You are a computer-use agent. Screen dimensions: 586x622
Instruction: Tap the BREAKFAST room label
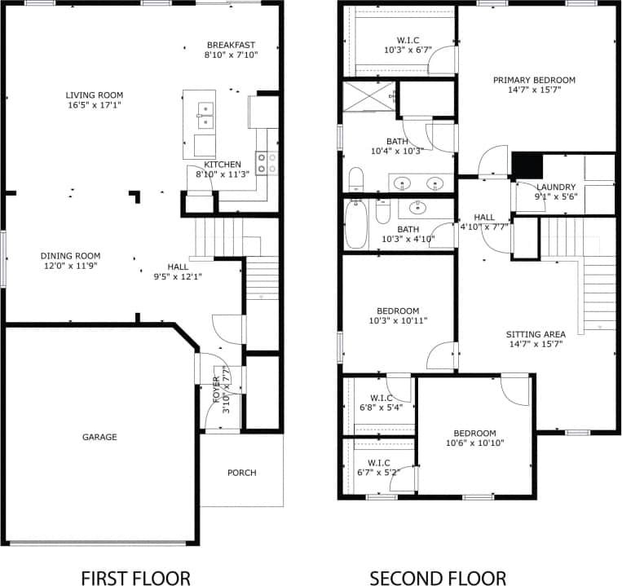click(x=231, y=45)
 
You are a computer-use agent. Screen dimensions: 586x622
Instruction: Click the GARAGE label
click(x=99, y=437)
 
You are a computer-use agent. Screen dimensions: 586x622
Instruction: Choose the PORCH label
click(x=242, y=473)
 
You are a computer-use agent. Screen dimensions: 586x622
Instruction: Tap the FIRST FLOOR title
click(x=135, y=578)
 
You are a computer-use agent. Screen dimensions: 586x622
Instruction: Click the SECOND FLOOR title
click(x=438, y=578)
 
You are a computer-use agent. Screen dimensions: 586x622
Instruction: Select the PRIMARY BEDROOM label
click(x=534, y=80)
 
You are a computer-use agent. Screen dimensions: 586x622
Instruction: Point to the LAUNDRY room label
click(x=555, y=187)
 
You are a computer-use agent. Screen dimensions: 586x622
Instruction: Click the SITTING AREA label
click(x=535, y=333)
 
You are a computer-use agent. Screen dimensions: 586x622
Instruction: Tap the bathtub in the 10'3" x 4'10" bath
click(x=356, y=226)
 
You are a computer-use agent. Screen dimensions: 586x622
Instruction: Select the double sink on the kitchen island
click(x=204, y=115)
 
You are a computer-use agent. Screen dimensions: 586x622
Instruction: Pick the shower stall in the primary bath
click(x=368, y=96)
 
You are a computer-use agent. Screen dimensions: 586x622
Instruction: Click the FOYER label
click(x=216, y=390)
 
